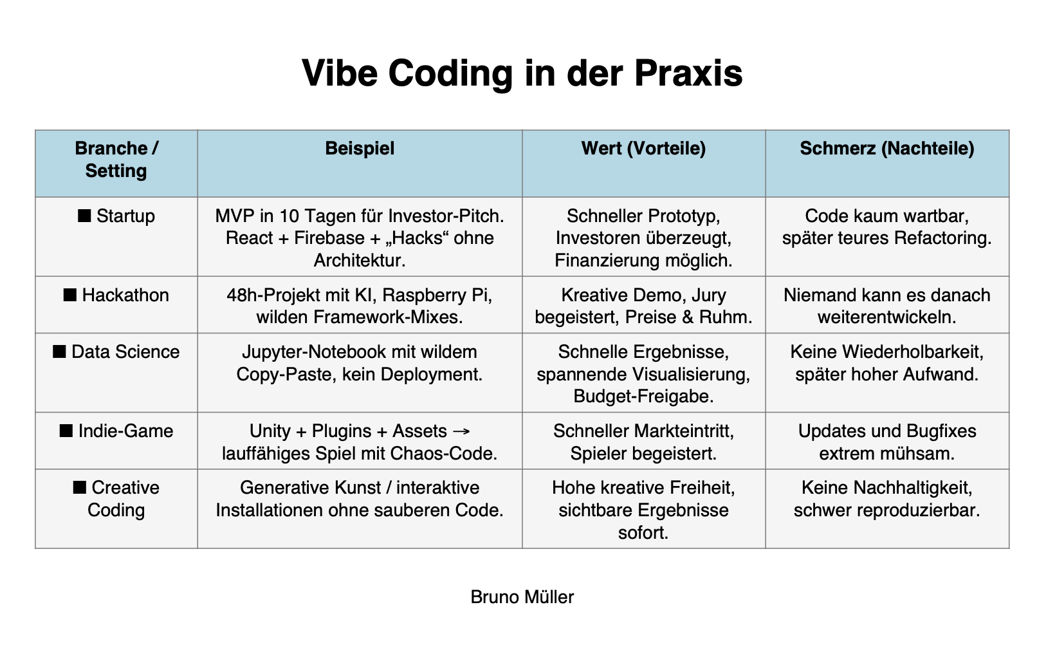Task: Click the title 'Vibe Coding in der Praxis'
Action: (522, 73)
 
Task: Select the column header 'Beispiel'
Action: (360, 149)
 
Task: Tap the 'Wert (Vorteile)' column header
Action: (643, 149)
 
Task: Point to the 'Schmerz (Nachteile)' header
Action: (887, 149)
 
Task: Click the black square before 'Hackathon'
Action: (70, 295)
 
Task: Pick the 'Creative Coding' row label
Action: (116, 499)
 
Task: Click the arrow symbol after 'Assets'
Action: (461, 432)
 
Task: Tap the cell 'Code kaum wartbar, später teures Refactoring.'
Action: (887, 227)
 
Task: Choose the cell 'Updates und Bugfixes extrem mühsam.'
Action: (887, 442)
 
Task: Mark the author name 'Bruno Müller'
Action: (522, 597)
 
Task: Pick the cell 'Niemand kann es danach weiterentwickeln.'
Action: (887, 306)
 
